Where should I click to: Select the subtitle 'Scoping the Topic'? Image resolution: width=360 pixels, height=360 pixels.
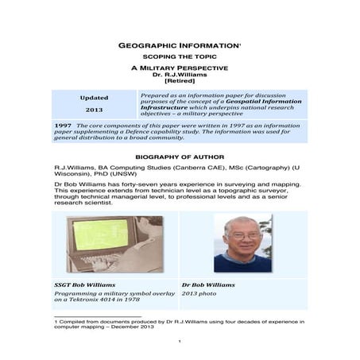(179, 60)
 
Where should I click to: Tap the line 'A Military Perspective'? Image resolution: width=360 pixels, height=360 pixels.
(179, 70)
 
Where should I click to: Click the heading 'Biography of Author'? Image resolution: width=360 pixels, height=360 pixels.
(180, 157)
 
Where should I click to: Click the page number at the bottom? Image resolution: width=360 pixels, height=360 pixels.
(180, 341)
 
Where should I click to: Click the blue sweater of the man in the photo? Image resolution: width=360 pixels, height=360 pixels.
(242, 261)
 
